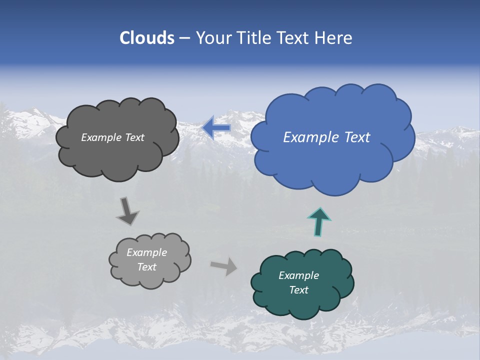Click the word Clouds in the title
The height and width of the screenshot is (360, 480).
(x=146, y=38)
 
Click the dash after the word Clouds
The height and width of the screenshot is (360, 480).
(x=184, y=38)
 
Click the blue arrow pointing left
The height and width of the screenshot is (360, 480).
(x=216, y=128)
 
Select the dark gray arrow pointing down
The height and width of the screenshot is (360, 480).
(x=127, y=211)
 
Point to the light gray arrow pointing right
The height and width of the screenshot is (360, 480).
(x=224, y=266)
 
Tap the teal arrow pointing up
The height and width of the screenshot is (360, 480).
(x=319, y=221)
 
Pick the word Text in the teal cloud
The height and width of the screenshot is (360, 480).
(x=298, y=290)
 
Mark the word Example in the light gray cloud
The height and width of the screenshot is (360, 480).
(x=146, y=252)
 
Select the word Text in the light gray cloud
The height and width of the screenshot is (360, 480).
(x=146, y=267)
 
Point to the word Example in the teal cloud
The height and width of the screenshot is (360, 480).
(x=298, y=275)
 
